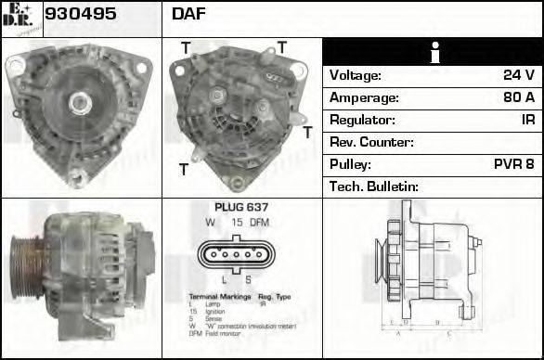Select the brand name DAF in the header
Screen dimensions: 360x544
[188, 15]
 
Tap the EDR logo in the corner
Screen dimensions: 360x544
[20, 16]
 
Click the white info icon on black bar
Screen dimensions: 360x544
[432, 52]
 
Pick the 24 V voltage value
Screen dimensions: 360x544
[518, 75]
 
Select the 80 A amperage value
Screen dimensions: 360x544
[517, 97]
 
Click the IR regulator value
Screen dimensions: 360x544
[525, 120]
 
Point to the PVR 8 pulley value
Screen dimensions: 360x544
[513, 164]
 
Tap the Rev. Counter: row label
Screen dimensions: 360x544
[371, 142]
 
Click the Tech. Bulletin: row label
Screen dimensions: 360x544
[374, 186]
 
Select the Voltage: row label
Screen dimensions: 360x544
[356, 75]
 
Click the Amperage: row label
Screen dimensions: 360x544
[364, 97]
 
